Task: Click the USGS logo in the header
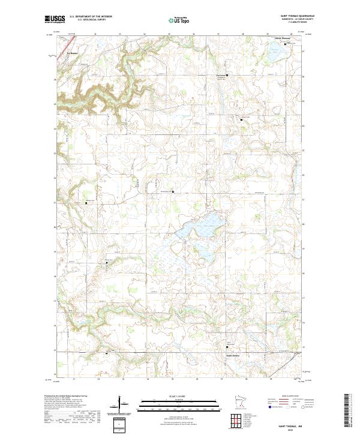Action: click(x=55, y=19)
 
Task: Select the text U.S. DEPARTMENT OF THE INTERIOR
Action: click(x=91, y=17)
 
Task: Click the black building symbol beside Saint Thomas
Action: click(x=285, y=43)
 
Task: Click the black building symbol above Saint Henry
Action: click(x=227, y=347)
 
